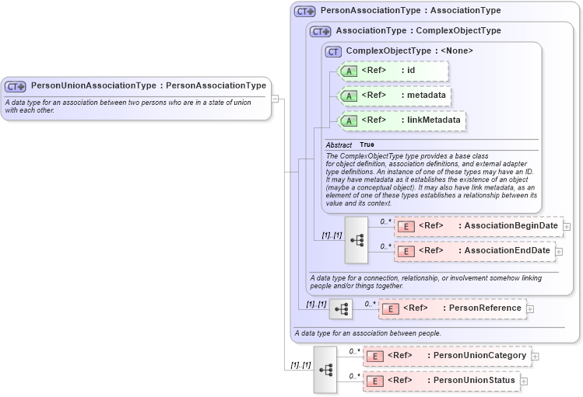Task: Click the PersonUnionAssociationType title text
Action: tap(148, 85)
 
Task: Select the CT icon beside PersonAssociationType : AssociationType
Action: tap(304, 12)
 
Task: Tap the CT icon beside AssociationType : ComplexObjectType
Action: tap(320, 32)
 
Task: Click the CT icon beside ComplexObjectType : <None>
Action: tap(333, 51)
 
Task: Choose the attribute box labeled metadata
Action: tap(396, 96)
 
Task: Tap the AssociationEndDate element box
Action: tap(474, 252)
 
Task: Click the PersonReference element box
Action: tap(452, 308)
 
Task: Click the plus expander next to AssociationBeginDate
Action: tap(567, 227)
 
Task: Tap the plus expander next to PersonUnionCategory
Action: tap(536, 357)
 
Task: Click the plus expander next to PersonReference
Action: tap(530, 309)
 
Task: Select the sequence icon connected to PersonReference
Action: tap(340, 309)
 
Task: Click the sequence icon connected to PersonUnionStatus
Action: tap(325, 369)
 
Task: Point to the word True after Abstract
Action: tap(367, 145)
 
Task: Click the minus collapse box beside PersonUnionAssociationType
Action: tap(275, 99)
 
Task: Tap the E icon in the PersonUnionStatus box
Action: tap(374, 381)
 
